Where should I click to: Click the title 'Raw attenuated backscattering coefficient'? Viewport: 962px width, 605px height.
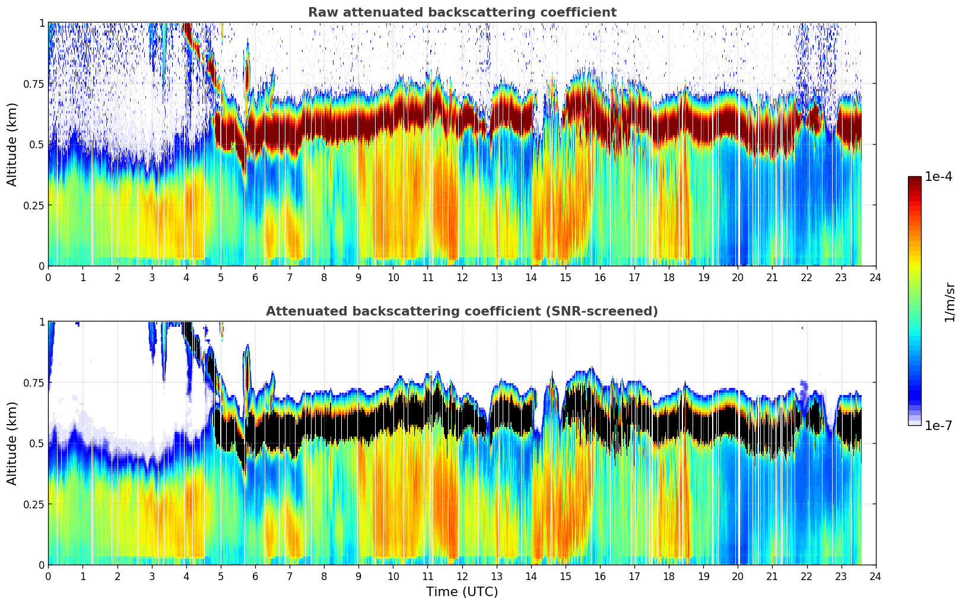pos(462,12)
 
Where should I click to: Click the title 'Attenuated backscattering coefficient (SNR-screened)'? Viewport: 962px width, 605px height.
pos(462,311)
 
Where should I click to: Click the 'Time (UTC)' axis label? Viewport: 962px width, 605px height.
pos(462,592)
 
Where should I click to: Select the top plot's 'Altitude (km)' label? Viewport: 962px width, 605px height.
pos(12,144)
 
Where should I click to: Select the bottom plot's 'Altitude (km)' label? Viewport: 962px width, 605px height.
pos(12,443)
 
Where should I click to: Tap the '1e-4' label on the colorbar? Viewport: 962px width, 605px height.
pos(938,177)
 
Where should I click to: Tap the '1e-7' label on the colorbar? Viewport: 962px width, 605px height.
pos(938,426)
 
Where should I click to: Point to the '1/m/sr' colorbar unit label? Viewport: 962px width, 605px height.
pos(949,302)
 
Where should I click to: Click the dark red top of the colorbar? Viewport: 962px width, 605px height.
pos(915,180)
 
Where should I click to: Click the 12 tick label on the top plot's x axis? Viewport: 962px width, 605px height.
pos(462,277)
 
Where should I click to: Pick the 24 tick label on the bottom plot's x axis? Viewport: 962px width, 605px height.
pos(875,576)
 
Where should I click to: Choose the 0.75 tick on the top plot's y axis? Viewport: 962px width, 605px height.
pos(33,84)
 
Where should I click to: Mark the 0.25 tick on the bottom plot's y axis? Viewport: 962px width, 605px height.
pos(33,504)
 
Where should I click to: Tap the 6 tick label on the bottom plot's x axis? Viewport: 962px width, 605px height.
pos(255,576)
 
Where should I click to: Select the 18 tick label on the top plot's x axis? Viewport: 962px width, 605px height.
pos(669,277)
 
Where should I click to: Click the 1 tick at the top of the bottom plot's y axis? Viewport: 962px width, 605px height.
pos(42,322)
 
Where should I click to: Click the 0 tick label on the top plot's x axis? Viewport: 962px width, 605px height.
pos(49,277)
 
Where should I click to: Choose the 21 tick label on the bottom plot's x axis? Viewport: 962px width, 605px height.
pos(772,576)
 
